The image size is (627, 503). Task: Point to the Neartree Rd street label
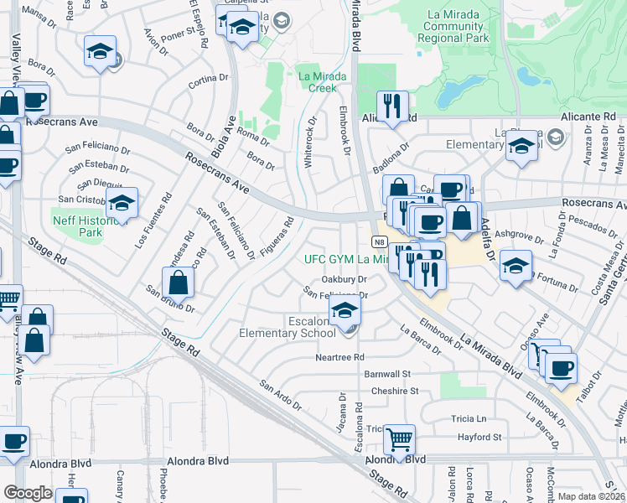coord(339,357)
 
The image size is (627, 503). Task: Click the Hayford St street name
coord(479,437)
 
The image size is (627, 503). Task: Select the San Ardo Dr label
coord(280,396)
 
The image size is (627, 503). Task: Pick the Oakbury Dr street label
coord(345,279)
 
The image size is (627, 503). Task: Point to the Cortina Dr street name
coord(209,81)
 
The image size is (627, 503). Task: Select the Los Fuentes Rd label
coord(153,221)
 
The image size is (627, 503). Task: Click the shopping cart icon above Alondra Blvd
coord(400,438)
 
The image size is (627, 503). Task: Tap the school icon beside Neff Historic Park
coord(122,202)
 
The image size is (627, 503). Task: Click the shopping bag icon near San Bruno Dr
coord(178,281)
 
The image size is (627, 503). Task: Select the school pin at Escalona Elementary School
coord(344,310)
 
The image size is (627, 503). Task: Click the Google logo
coord(28,493)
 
